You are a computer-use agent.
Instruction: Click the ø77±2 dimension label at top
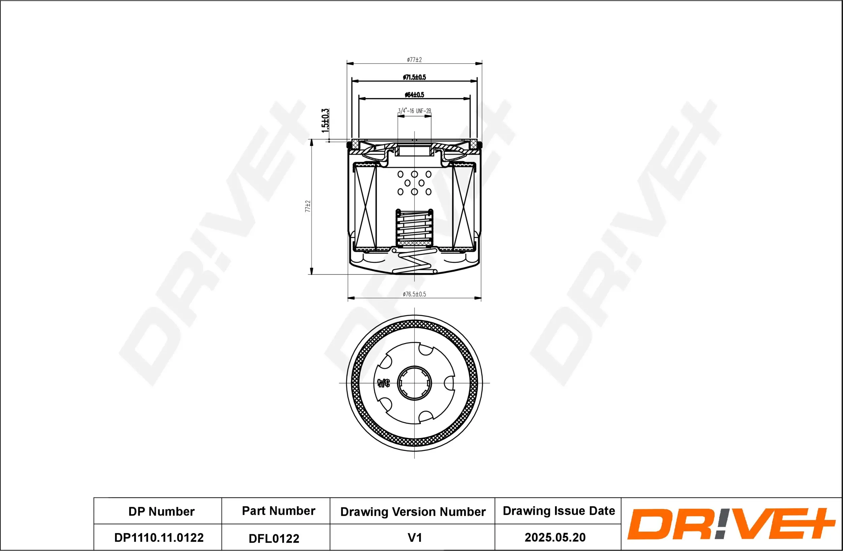pyautogui.click(x=414, y=60)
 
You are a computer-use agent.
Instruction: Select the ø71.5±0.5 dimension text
pyautogui.click(x=414, y=77)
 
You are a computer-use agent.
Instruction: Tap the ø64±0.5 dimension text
pyautogui.click(x=414, y=95)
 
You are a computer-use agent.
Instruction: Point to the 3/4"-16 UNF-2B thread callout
pyautogui.click(x=414, y=111)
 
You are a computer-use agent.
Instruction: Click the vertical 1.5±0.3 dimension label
pyautogui.click(x=325, y=121)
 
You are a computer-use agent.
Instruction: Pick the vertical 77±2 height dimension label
pyautogui.click(x=308, y=206)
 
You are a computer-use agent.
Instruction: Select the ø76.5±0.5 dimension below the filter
pyautogui.click(x=414, y=294)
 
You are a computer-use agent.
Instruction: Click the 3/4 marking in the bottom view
pyautogui.click(x=383, y=383)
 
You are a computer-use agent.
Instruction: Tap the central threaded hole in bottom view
pyautogui.click(x=414, y=383)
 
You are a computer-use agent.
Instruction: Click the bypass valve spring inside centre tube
pyautogui.click(x=414, y=227)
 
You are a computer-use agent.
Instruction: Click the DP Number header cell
pyautogui.click(x=161, y=512)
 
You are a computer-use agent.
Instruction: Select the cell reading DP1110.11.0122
pyautogui.click(x=159, y=538)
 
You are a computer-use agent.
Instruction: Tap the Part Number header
pyautogui.click(x=279, y=511)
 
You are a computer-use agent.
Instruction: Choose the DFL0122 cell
pyautogui.click(x=274, y=539)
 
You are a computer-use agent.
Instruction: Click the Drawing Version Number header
pyautogui.click(x=413, y=512)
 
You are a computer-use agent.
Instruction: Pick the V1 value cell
pyautogui.click(x=414, y=538)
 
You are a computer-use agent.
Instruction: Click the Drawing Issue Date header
pyautogui.click(x=559, y=511)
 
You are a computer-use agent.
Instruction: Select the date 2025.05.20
pyautogui.click(x=555, y=538)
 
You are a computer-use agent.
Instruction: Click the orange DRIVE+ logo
pyautogui.click(x=730, y=524)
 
